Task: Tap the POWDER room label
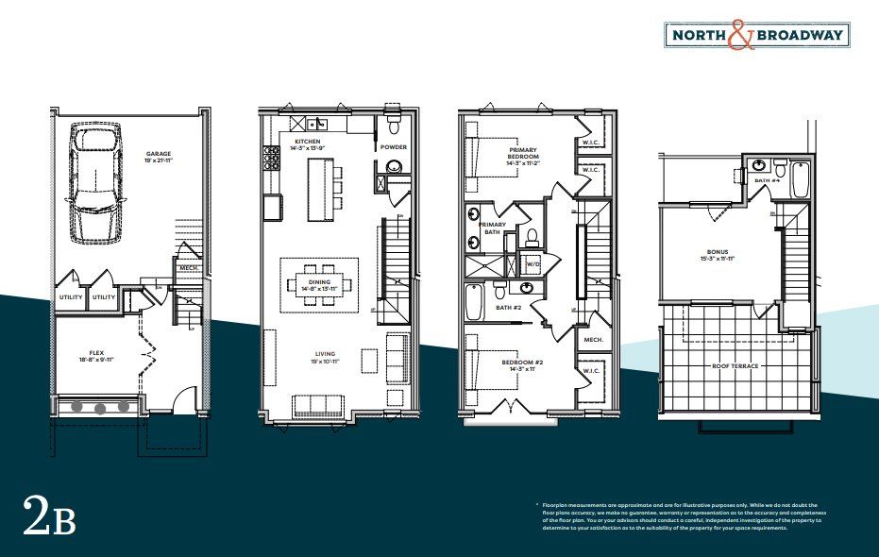click(394, 147)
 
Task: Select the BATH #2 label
click(511, 307)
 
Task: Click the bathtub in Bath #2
click(474, 302)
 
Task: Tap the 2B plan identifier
click(48, 520)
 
